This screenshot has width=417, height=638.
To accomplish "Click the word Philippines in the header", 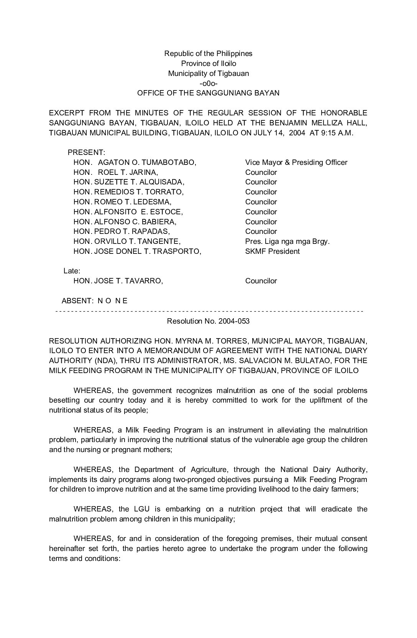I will pos(234,53).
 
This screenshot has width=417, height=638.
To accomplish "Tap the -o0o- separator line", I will pos(208,83).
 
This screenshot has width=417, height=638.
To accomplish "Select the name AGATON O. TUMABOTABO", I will pos(147,163).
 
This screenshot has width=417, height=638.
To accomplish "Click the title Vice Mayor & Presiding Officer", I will pos(296,163).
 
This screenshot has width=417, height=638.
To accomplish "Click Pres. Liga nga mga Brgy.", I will pos(287,242).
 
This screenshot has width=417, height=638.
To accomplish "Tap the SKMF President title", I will pos(273,252).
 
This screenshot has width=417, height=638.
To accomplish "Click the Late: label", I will pos(72,271).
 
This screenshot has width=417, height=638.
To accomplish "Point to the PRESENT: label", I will pos(86,153).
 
